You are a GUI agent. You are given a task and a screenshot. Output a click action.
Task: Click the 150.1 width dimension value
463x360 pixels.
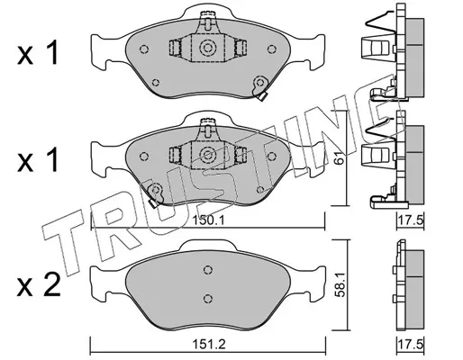tap(208, 221)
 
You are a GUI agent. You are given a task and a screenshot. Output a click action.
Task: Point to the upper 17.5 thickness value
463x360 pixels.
tap(410, 221)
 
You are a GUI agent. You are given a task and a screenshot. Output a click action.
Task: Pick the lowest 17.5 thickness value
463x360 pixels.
tap(410, 345)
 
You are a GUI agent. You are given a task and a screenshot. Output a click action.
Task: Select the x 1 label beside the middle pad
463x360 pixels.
tap(37, 160)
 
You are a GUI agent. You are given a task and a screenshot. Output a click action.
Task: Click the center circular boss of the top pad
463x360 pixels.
tap(207, 48)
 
